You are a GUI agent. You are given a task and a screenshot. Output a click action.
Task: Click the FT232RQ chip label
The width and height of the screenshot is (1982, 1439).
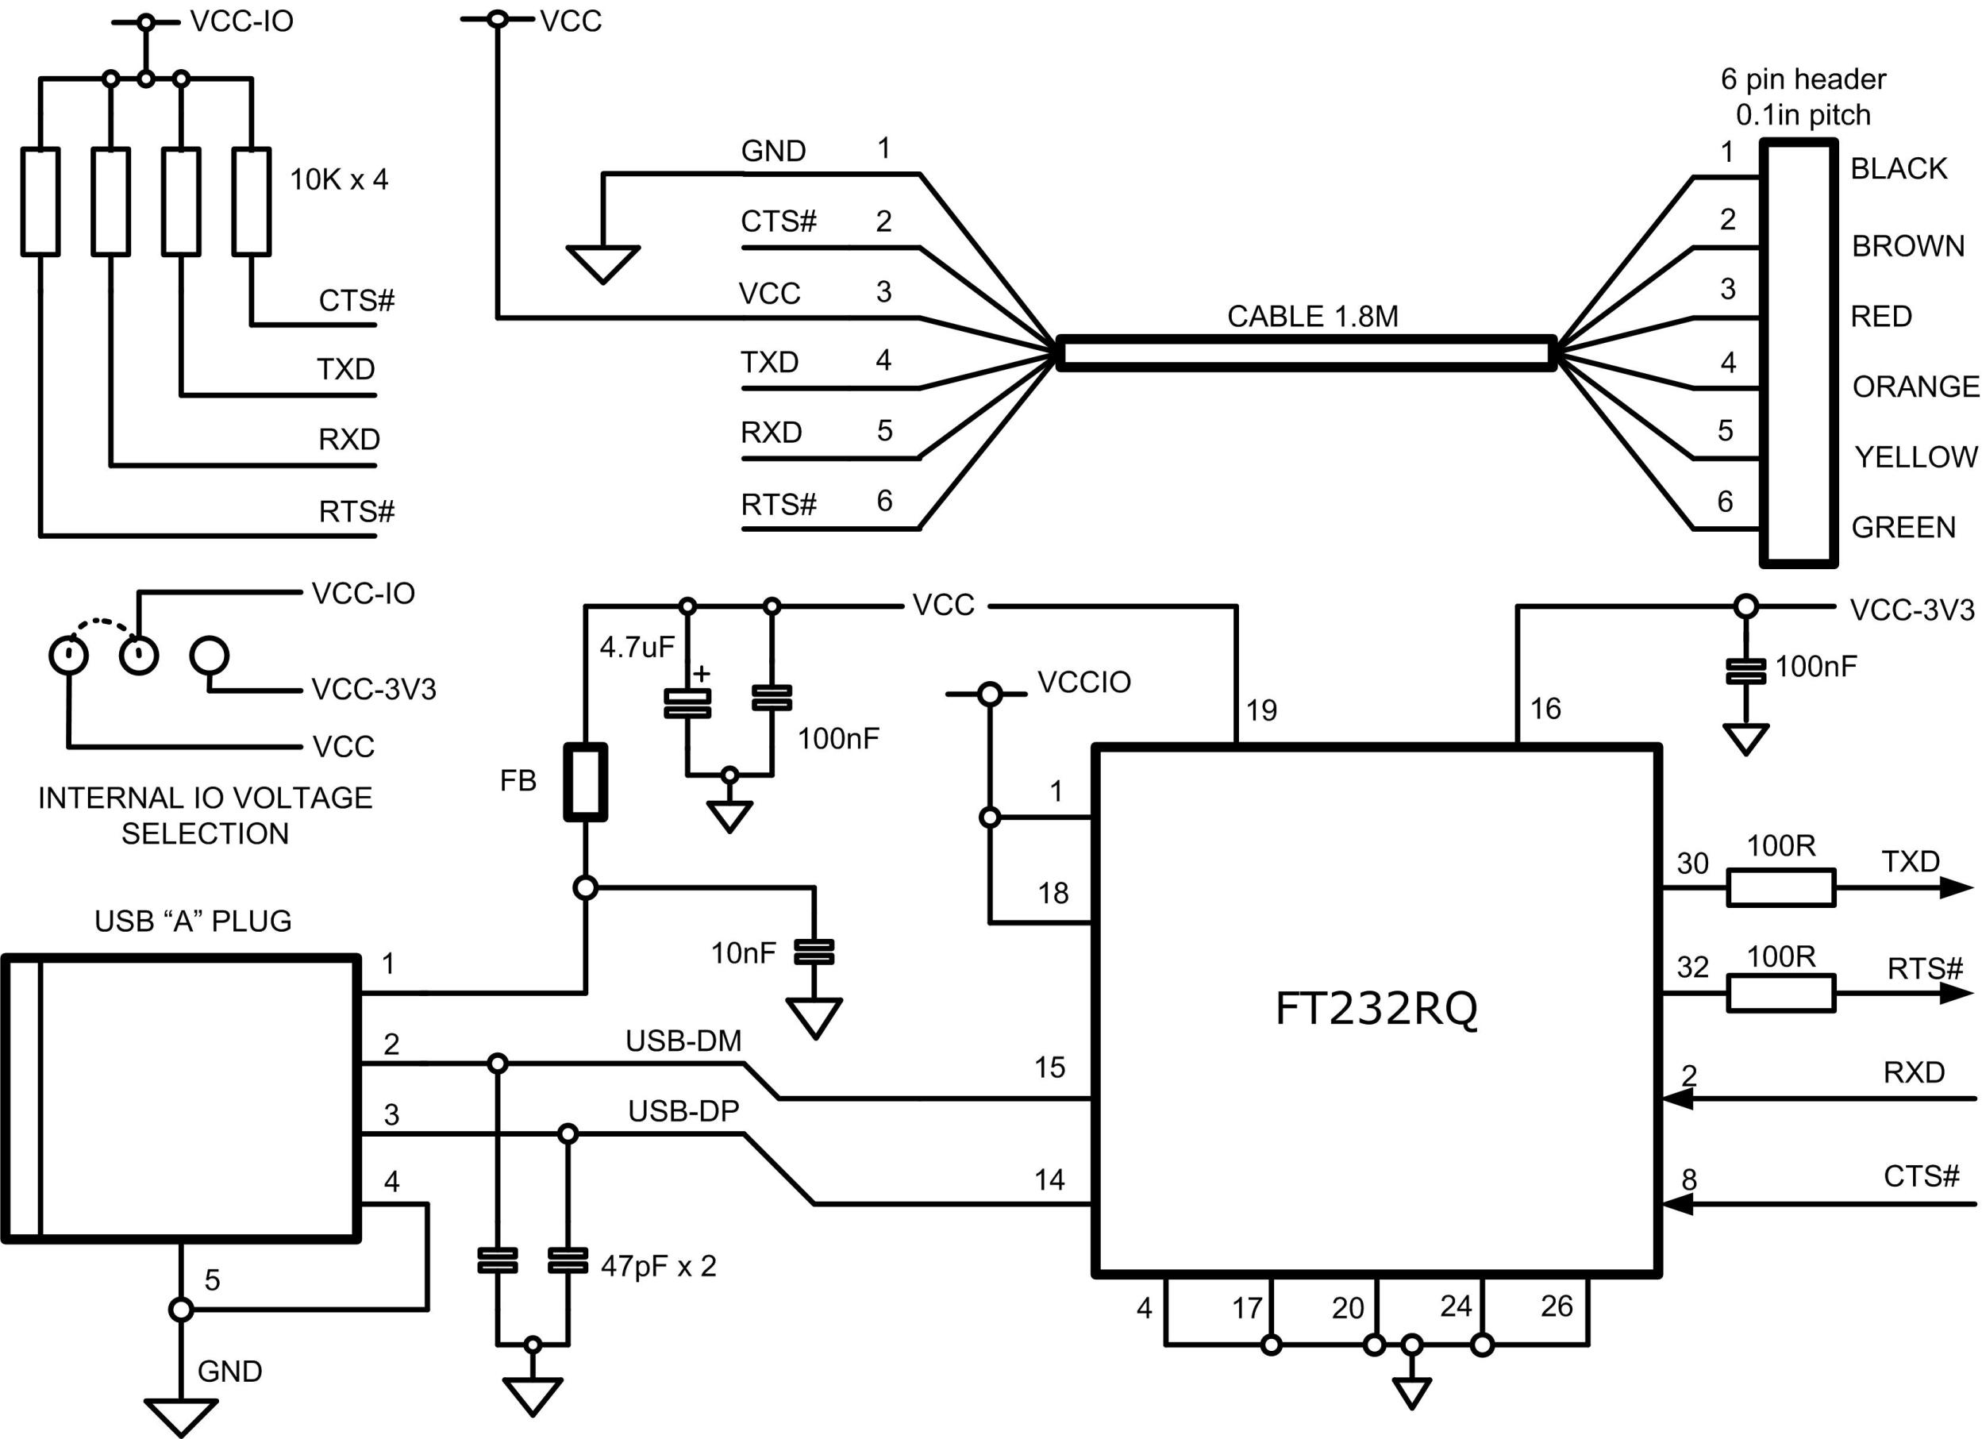(1376, 1009)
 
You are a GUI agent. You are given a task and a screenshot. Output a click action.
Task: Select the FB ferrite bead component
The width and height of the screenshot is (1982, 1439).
(585, 782)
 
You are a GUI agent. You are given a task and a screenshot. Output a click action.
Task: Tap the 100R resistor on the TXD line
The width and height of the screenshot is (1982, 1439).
(1781, 887)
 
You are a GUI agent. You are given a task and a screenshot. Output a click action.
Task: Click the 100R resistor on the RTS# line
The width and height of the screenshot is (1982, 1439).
(1781, 994)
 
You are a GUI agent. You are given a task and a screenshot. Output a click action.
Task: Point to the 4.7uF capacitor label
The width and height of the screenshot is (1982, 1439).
(637, 648)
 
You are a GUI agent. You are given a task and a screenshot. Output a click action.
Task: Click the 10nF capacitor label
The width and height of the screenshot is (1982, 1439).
(743, 953)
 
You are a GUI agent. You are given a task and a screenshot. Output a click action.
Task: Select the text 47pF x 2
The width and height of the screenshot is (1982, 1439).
(658, 1266)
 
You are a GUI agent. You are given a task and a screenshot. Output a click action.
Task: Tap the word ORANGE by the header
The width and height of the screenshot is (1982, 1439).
(1915, 387)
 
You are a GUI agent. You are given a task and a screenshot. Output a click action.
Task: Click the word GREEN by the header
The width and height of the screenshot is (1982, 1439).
(1903, 527)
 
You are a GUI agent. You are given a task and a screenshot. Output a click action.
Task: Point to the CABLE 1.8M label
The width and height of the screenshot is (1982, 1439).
(1313, 316)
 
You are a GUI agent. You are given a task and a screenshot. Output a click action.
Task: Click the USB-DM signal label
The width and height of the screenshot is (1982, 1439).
(683, 1041)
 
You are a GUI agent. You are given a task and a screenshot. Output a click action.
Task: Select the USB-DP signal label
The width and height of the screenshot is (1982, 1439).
(683, 1111)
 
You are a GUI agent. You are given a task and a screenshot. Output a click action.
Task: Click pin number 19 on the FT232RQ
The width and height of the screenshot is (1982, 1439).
(1261, 710)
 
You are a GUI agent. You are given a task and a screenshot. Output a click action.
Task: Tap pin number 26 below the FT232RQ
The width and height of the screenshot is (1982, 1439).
(1557, 1306)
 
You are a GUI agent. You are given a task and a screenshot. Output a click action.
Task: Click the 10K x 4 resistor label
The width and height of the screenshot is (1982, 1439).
(338, 180)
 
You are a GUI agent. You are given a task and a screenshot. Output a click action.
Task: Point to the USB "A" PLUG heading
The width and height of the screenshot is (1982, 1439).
(192, 921)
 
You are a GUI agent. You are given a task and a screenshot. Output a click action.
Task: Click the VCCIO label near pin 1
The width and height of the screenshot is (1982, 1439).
(1083, 683)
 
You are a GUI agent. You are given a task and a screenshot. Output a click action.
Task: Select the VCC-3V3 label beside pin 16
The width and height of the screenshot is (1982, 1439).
(1911, 610)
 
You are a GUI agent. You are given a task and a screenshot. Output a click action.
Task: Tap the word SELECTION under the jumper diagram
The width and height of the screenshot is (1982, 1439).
(205, 833)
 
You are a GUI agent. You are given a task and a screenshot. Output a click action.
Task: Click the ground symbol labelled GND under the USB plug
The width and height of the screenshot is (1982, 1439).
(180, 1415)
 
